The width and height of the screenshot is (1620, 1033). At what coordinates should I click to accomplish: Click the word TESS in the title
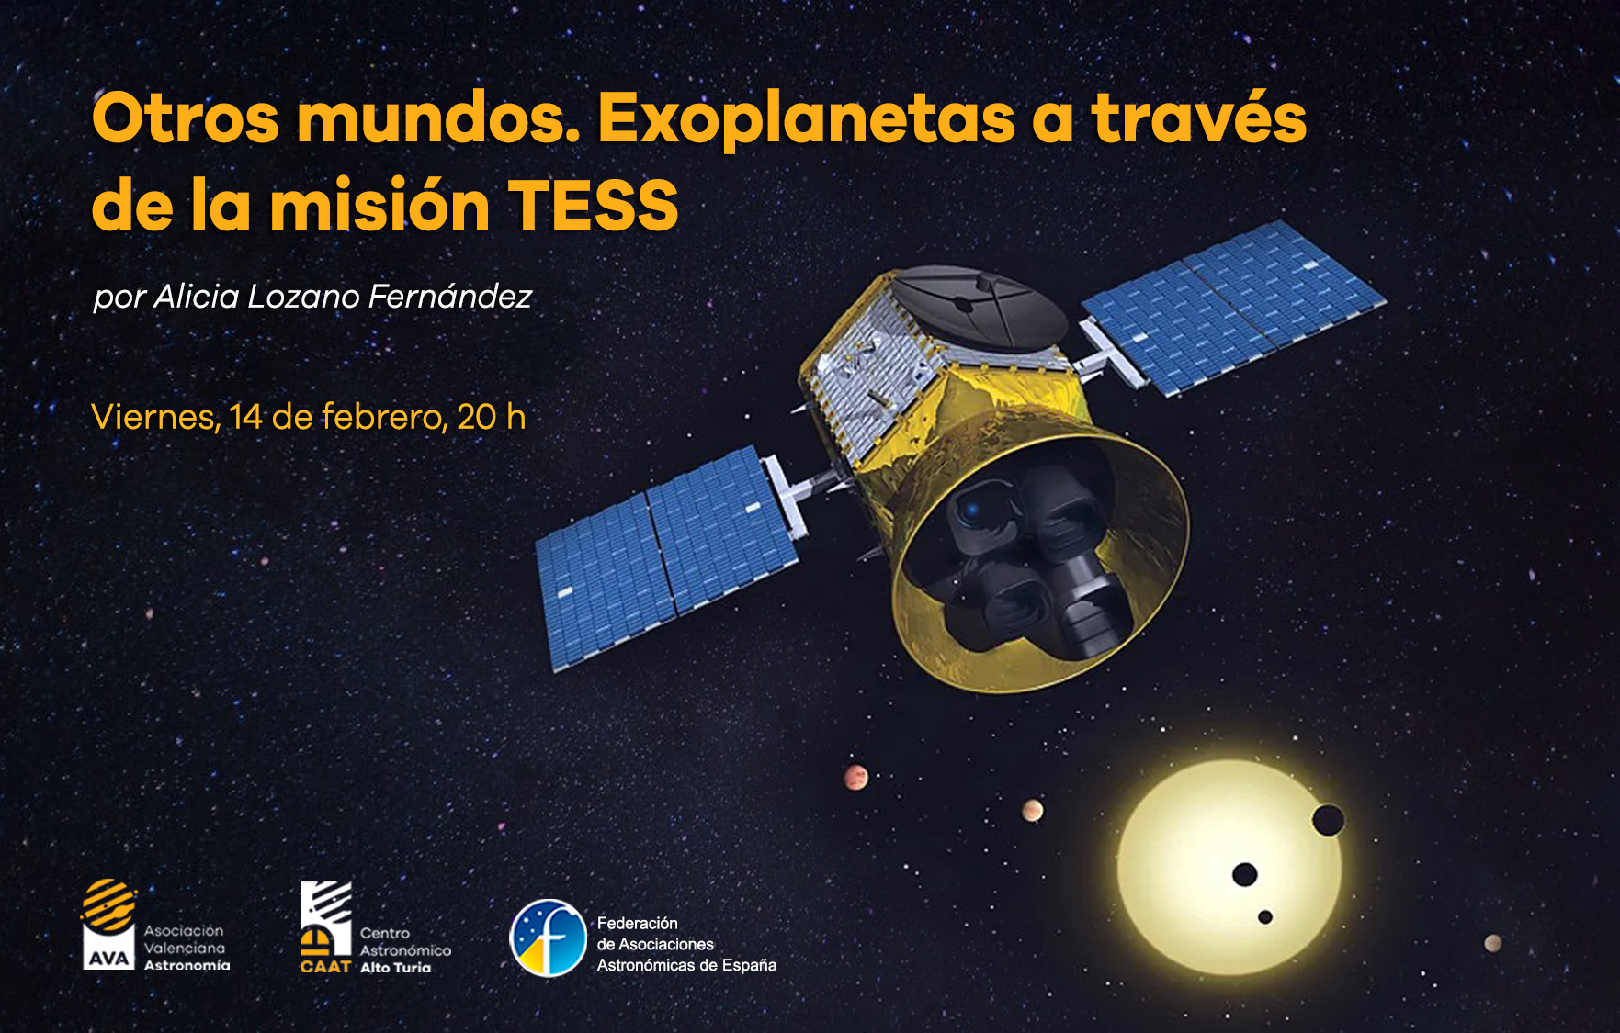click(x=593, y=205)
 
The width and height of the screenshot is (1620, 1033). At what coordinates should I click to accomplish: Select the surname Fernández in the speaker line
click(x=449, y=296)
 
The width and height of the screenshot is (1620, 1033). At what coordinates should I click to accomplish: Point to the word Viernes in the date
click(x=154, y=418)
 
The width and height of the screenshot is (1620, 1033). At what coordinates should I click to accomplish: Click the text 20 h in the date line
click(x=491, y=417)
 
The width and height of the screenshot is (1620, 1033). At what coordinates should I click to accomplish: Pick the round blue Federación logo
click(x=549, y=938)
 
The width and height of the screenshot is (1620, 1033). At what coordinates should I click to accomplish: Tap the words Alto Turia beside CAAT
click(x=395, y=967)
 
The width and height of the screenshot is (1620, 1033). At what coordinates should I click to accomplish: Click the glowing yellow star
click(x=1229, y=868)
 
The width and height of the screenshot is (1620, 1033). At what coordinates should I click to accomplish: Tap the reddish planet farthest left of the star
click(x=855, y=778)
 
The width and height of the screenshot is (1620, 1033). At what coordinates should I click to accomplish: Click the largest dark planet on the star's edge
click(x=1328, y=820)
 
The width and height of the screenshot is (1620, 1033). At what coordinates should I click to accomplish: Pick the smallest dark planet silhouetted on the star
click(x=1265, y=917)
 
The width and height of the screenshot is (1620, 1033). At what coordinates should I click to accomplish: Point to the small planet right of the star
click(x=1493, y=943)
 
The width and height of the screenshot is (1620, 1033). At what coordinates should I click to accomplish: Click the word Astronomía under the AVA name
click(x=187, y=965)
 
